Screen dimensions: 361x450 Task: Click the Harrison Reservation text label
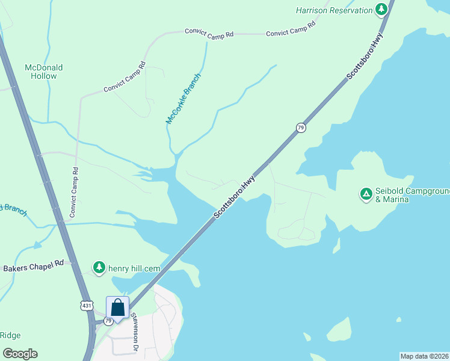334,10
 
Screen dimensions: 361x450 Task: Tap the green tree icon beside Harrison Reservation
381,10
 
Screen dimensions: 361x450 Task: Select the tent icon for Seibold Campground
366,194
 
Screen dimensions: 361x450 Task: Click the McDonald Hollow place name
44,72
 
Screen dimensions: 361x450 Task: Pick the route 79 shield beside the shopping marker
108,321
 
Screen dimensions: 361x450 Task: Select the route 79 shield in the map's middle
301,127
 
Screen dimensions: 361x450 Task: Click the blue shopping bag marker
118,307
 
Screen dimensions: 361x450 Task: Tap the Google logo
20,353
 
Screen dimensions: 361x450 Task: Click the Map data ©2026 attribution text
424,356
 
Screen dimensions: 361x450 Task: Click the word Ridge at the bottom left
10,335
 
